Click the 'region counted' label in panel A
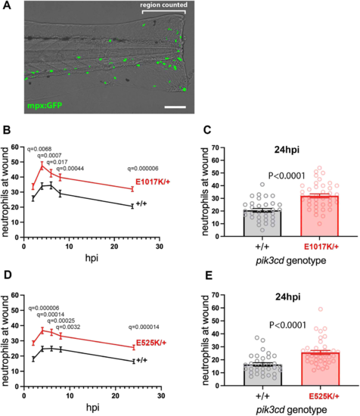point(163,5)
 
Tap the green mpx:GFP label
point(45,105)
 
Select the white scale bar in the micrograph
point(175,107)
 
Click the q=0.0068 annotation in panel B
point(39,149)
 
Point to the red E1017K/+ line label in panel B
point(153,182)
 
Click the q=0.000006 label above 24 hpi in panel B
point(143,169)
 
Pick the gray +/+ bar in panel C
point(262,223)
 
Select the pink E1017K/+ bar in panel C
point(319,216)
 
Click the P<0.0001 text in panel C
point(287,175)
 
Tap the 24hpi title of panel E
point(288,297)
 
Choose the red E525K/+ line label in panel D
point(151,343)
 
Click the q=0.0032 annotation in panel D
point(67,327)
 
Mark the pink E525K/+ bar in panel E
point(321,369)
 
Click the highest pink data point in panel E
point(321,309)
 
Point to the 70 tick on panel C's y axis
point(217,147)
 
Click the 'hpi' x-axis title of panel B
point(92,258)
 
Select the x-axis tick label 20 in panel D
point(115,396)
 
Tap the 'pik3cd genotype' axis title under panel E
point(291,410)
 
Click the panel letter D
point(7,275)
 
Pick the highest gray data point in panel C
point(262,184)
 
